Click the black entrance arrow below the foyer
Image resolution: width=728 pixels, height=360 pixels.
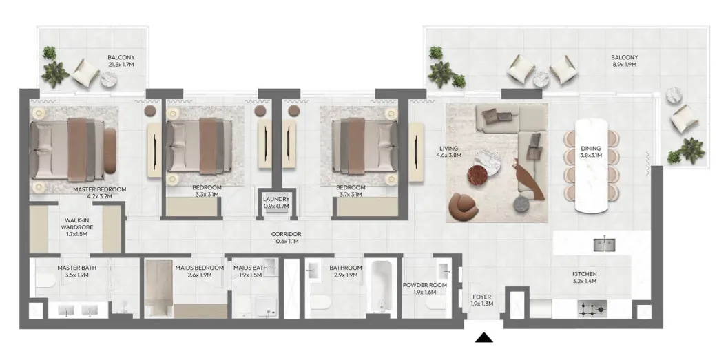[483, 338]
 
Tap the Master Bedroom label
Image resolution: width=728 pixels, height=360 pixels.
[99, 193]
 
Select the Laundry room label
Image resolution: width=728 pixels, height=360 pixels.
[276, 202]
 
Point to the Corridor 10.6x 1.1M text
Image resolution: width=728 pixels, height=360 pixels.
[287, 237]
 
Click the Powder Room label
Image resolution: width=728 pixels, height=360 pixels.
[424, 288]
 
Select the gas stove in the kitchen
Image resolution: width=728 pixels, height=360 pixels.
[592, 308]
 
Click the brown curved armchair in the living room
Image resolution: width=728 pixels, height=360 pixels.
[464, 206]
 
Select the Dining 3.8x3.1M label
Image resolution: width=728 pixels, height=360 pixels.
[592, 152]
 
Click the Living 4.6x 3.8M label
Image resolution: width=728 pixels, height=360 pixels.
[448, 152]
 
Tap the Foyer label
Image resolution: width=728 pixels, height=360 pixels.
[481, 300]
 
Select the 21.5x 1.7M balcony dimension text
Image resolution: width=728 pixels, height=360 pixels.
[121, 65]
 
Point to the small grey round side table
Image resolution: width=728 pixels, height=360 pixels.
[521, 203]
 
